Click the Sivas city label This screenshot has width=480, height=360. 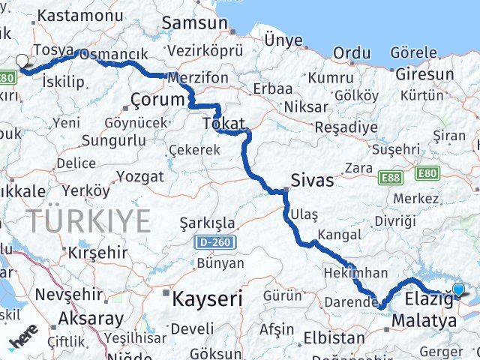pyautogui.click(x=313, y=181)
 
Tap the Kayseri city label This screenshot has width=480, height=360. pyautogui.click(x=208, y=299)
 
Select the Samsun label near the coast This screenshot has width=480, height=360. pyautogui.click(x=194, y=23)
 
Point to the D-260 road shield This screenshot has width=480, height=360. pyautogui.click(x=215, y=242)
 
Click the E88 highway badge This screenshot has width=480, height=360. pyautogui.click(x=389, y=178)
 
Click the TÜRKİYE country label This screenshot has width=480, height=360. pyautogui.click(x=89, y=221)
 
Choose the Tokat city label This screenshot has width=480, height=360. pyautogui.click(x=220, y=122)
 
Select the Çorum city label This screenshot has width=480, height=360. pyautogui.click(x=157, y=99)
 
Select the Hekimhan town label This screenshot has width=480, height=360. pyautogui.click(x=355, y=273)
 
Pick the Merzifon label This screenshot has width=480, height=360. pyautogui.click(x=198, y=77)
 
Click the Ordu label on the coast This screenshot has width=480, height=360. pyautogui.click(x=351, y=52)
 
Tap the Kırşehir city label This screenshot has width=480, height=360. pyautogui.click(x=97, y=252)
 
